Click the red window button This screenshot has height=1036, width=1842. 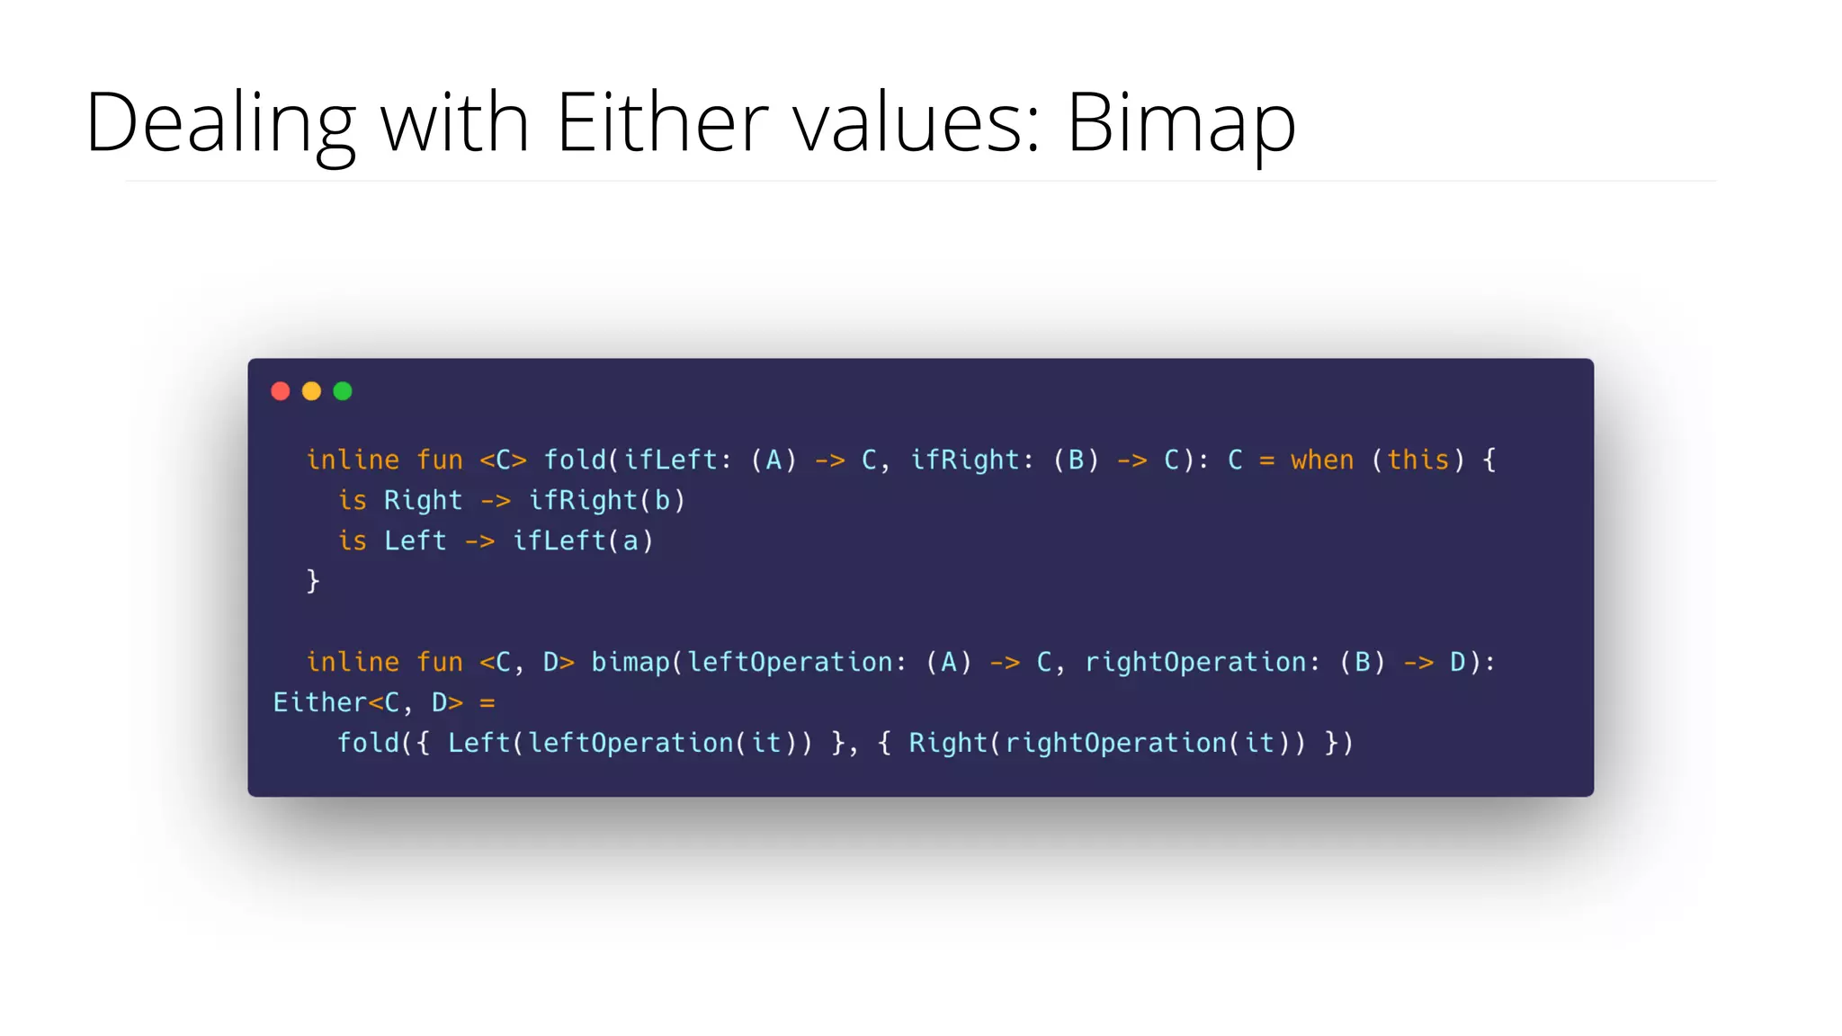click(x=281, y=391)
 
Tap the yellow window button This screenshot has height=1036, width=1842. click(x=311, y=391)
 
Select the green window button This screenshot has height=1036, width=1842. click(x=343, y=391)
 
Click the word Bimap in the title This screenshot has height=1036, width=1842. click(x=1180, y=122)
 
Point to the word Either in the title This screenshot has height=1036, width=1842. click(x=662, y=121)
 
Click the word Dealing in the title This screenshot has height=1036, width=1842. click(x=220, y=122)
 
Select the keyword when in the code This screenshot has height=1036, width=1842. click(x=1321, y=460)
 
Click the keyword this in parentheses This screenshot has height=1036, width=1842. click(x=1418, y=460)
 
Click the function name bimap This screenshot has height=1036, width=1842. click(x=630, y=663)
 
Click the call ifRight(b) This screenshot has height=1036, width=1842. click(x=607, y=501)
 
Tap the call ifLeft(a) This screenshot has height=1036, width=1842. click(x=583, y=541)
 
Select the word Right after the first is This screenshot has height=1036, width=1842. click(x=423, y=501)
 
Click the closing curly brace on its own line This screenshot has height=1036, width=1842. click(x=313, y=581)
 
